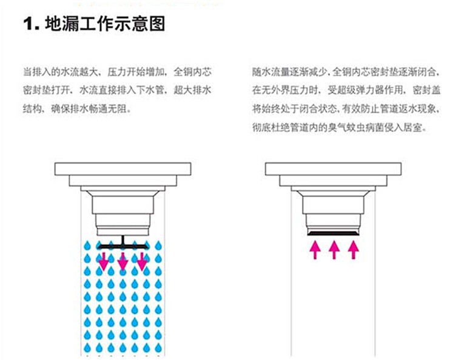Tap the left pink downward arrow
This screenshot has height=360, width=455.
104,261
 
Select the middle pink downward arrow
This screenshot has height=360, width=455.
123,261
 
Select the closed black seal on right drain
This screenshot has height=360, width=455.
334,232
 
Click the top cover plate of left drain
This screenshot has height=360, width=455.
123,168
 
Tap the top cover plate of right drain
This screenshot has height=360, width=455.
334,168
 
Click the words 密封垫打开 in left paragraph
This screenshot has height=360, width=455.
48,90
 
